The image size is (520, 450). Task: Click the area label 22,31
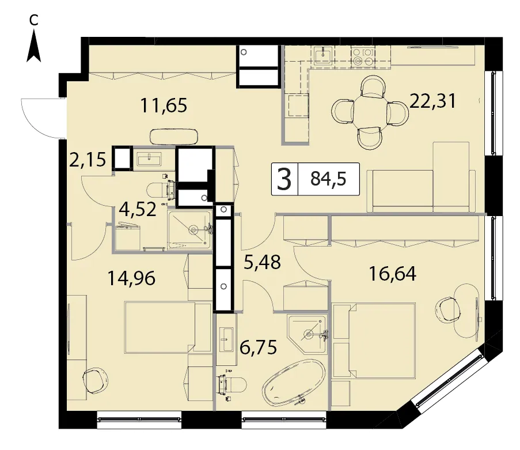tap(433, 101)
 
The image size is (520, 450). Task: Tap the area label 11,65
tap(164, 105)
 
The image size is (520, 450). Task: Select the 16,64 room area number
tap(392, 274)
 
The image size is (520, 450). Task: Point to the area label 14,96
tap(132, 278)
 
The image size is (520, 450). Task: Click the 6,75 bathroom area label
tap(258, 348)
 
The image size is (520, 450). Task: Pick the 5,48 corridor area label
tap(263, 262)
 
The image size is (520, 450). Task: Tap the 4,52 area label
tap(138, 209)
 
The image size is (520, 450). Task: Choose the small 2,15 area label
tap(88, 159)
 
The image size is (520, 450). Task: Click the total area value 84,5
tap(328, 179)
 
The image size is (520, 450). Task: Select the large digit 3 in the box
tap(284, 179)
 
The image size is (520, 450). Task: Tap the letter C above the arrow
tap(33, 20)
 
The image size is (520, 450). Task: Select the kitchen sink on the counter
tap(323, 55)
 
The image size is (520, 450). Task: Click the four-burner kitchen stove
tap(363, 56)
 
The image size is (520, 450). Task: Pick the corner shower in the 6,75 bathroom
tap(307, 333)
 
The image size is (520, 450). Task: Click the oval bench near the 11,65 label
tap(174, 137)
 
